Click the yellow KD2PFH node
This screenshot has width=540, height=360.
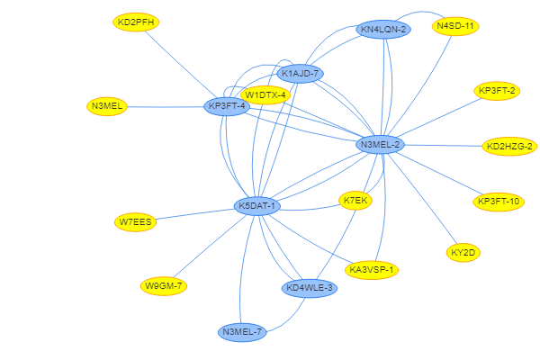point(136,22)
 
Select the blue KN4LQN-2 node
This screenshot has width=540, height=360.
point(383,30)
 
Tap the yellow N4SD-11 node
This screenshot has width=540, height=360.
point(455,26)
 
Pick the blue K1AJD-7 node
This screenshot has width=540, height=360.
point(300,74)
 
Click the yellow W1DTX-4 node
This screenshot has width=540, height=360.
point(265,94)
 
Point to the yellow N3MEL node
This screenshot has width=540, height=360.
point(107,106)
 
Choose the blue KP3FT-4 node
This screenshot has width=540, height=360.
point(227,106)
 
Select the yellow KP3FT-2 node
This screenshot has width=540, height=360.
point(498,91)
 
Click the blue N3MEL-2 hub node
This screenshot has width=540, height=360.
point(380,144)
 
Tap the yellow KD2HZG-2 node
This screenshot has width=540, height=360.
point(509,146)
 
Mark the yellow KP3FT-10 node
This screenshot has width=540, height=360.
point(499,202)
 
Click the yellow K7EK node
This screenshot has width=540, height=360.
point(355,200)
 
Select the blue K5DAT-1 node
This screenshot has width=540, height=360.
point(258,206)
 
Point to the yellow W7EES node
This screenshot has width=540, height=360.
point(136,221)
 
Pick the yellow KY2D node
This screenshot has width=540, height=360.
point(463,253)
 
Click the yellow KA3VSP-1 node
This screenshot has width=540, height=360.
point(372,269)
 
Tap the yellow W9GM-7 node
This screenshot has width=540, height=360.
point(164,286)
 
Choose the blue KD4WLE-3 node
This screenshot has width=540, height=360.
point(309,288)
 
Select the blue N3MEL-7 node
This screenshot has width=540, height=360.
point(242,332)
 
